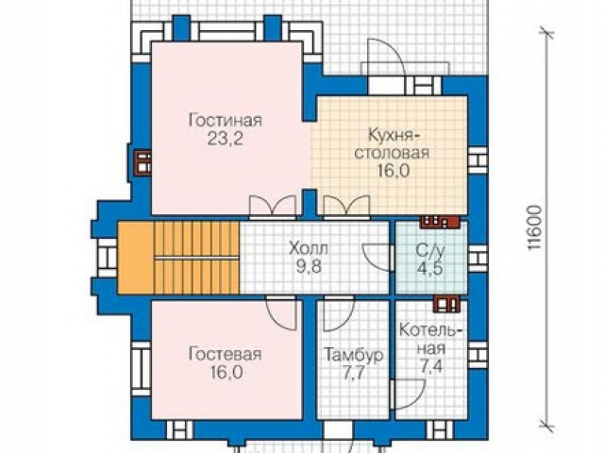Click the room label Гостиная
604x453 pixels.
point(226,121)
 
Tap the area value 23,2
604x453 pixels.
point(226,139)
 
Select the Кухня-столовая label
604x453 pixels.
point(392,144)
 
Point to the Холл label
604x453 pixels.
point(309,248)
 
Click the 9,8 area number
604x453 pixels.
point(309,266)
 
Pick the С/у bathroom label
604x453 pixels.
point(430,250)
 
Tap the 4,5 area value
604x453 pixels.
point(430,268)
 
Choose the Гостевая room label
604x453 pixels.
point(226,354)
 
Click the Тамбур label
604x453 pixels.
point(354,355)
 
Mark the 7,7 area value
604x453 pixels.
point(353,373)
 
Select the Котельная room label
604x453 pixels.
point(430,339)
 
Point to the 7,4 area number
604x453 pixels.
point(430,366)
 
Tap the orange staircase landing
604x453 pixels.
point(136,258)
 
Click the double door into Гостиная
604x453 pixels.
point(273,206)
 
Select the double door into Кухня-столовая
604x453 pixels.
point(347,206)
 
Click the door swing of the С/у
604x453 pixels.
point(377,258)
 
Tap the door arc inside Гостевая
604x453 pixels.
point(281,314)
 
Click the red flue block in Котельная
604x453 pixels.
point(446,304)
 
